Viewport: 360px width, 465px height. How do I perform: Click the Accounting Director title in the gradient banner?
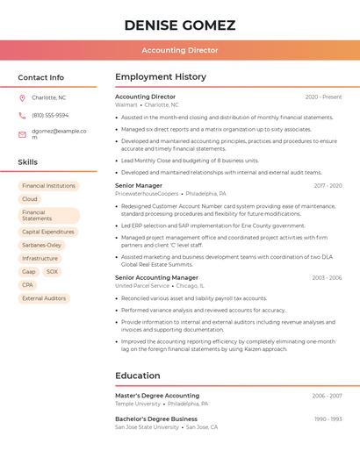tap(180, 50)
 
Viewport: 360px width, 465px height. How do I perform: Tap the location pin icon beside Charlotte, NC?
tap(22, 97)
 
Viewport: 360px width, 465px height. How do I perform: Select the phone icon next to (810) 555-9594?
tap(22, 115)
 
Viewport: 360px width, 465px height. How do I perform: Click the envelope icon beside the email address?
tap(22, 134)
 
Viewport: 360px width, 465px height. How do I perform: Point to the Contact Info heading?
tap(41, 77)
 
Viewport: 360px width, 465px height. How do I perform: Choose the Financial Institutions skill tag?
tap(48, 186)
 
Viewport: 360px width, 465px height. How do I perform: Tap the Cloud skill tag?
tap(30, 199)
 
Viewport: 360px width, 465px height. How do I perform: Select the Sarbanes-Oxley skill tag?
tap(42, 246)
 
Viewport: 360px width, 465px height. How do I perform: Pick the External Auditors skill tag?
tap(44, 298)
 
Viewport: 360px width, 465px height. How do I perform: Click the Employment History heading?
tap(161, 77)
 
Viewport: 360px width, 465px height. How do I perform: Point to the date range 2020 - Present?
tap(323, 97)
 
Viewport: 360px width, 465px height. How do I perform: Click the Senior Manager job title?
tap(139, 185)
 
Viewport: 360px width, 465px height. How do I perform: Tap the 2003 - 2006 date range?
tap(327, 277)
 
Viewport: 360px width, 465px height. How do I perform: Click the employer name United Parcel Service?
tap(142, 285)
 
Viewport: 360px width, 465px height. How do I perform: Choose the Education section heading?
tap(138, 376)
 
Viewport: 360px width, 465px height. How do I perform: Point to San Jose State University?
tap(147, 427)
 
